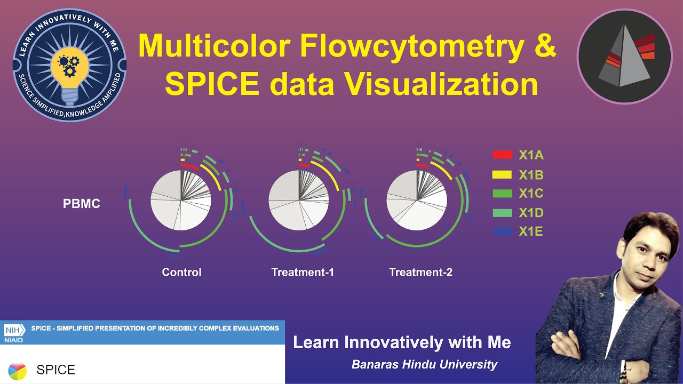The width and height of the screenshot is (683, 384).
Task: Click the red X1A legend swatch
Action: pyautogui.click(x=502, y=155)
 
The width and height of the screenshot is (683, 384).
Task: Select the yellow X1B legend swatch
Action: pyautogui.click(x=502, y=175)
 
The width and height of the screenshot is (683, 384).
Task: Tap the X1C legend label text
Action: pyautogui.click(x=531, y=194)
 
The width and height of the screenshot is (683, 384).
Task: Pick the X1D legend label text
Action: pyautogui.click(x=531, y=213)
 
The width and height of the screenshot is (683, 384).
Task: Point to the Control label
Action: pyautogui.click(x=181, y=272)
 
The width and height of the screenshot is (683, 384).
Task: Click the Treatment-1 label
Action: pyautogui.click(x=303, y=272)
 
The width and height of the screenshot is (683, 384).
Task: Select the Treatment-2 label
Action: pyautogui.click(x=420, y=272)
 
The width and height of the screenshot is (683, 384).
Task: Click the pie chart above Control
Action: pyautogui.click(x=181, y=201)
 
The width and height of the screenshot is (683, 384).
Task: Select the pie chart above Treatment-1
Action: pyautogui.click(x=299, y=201)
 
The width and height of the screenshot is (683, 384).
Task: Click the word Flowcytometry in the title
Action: pyautogui.click(x=411, y=46)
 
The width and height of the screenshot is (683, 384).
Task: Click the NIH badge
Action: pyautogui.click(x=13, y=329)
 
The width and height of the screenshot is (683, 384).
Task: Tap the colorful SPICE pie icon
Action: pyautogui.click(x=17, y=370)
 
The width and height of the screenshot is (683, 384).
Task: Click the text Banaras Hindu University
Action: pyautogui.click(x=424, y=365)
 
